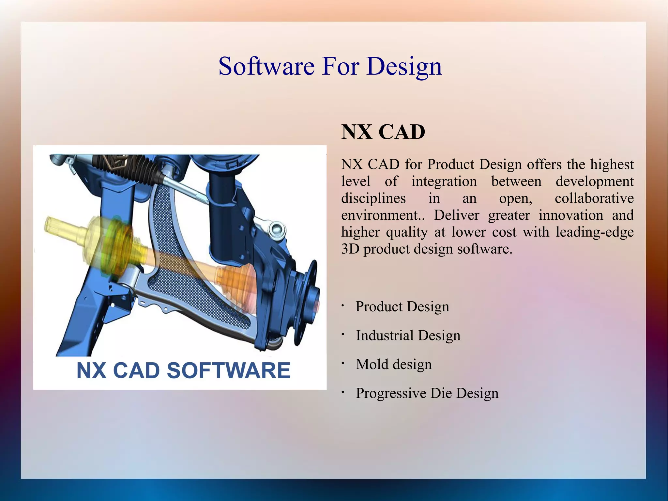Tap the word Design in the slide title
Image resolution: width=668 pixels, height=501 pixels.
tap(404, 66)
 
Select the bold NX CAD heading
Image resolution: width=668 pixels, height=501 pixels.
tap(383, 132)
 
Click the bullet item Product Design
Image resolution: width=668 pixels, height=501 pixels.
tap(402, 307)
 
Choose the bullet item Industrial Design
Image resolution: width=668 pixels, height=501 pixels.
tap(408, 336)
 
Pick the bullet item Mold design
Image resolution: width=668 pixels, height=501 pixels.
tap(394, 364)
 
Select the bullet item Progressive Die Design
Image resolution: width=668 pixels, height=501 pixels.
tap(427, 393)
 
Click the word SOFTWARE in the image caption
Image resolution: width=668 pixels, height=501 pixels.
tap(228, 371)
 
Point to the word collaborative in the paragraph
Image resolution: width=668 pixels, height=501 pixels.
tap(594, 198)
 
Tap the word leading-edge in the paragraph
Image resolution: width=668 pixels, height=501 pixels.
tap(594, 232)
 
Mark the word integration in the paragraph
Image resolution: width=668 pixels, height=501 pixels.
tap(444, 181)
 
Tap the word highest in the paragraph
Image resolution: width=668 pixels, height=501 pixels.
tap(612, 164)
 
